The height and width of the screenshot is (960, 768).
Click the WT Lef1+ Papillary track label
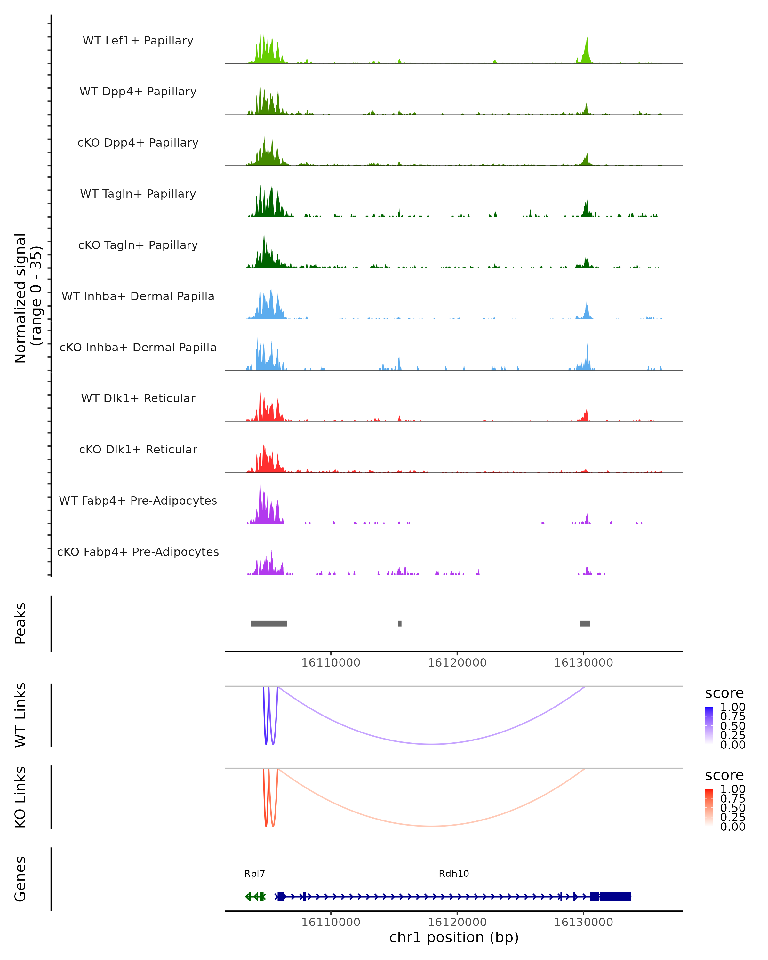click(138, 41)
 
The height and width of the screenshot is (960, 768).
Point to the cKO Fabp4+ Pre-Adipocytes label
click(138, 552)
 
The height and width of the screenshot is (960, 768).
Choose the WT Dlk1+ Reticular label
click(138, 398)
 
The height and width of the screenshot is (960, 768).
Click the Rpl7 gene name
click(255, 874)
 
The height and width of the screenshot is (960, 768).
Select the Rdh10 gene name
click(454, 874)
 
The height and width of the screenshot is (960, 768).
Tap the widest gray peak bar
click(268, 623)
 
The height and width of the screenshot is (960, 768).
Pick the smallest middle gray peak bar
click(400, 623)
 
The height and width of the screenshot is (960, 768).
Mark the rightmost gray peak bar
click(585, 623)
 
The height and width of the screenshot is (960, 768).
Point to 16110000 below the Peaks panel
click(331, 663)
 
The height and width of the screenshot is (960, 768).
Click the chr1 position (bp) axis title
click(454, 938)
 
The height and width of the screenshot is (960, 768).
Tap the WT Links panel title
click(20, 715)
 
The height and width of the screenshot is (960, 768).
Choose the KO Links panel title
click(20, 797)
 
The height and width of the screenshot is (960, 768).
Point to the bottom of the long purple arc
click(431, 744)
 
